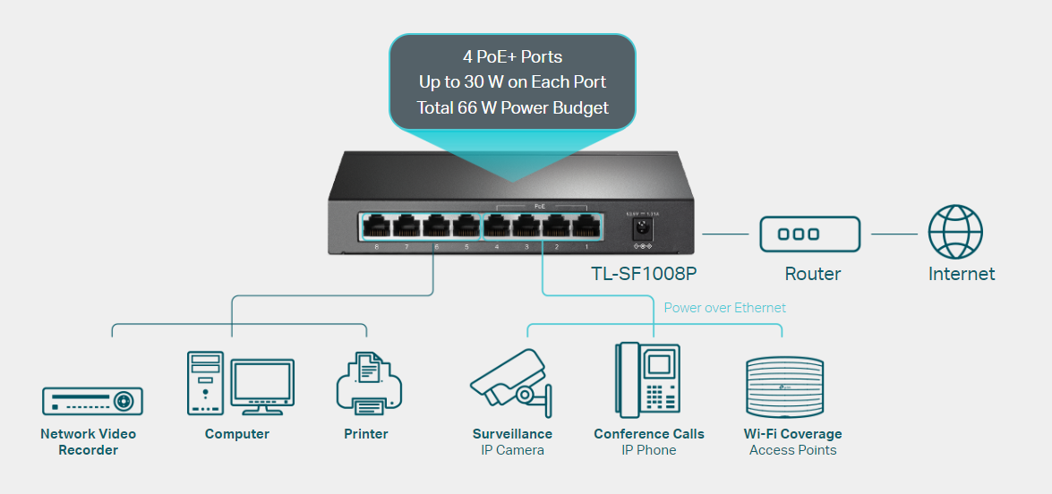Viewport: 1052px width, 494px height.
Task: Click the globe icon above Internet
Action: coord(955,233)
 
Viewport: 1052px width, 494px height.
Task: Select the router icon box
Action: coord(809,234)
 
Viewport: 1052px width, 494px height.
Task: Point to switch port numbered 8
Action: coord(376,226)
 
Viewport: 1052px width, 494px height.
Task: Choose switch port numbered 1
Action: coord(586,226)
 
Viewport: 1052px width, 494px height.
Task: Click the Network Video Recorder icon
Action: coord(92,400)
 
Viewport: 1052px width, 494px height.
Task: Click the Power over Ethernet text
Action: coord(724,308)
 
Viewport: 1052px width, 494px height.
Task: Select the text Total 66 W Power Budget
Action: coord(512,108)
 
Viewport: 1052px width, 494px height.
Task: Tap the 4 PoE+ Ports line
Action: coord(512,56)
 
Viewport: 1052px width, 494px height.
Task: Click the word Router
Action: coord(812,274)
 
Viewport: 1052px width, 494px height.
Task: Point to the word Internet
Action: coord(961,274)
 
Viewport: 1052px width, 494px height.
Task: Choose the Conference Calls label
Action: coord(648,434)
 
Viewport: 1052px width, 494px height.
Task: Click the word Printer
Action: coord(365,434)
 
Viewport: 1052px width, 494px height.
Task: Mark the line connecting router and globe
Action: coord(894,234)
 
